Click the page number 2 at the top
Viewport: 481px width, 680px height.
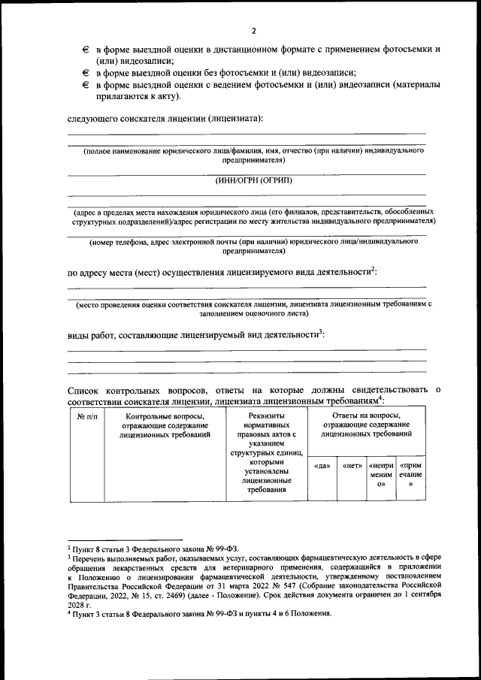[253, 30]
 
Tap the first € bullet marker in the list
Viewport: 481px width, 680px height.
[86, 49]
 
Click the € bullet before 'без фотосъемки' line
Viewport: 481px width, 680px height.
[86, 74]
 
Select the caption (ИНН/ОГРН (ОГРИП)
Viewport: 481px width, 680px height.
[253, 180]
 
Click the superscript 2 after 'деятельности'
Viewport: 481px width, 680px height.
[374, 268]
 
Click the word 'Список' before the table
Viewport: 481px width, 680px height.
[84, 389]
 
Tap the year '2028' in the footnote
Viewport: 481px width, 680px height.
[77, 603]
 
